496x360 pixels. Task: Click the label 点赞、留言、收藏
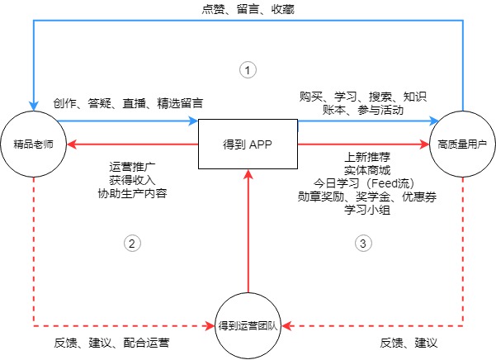[x=248, y=9]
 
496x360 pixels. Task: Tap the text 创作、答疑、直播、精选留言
[x=128, y=103]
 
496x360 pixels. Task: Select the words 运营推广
[x=132, y=167]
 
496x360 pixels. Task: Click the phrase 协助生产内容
[x=132, y=193]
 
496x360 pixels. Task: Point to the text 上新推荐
[x=367, y=157]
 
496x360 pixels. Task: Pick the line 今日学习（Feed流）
[x=365, y=183]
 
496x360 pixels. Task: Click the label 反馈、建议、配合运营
[x=111, y=343]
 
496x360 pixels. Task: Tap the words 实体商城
[x=367, y=170]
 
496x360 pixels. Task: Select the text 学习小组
[x=367, y=210]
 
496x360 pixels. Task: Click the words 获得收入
[x=132, y=180]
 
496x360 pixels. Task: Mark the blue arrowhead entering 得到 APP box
[x=193, y=121]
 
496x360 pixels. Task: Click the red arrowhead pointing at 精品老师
[x=72, y=144]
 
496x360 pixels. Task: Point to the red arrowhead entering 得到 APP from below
[x=248, y=174]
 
